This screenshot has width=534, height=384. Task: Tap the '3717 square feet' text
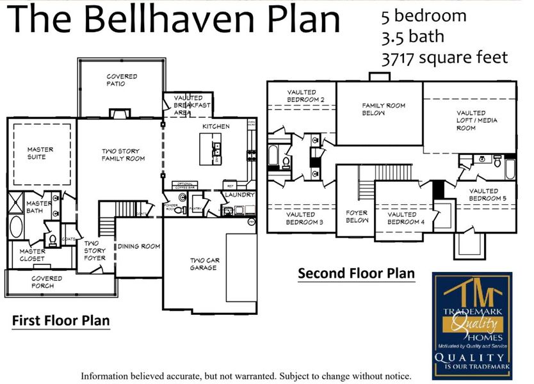click(x=444, y=58)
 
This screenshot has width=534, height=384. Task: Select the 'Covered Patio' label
click(x=122, y=80)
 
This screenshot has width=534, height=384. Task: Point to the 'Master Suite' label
click(x=40, y=153)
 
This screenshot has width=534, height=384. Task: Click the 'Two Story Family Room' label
click(x=124, y=155)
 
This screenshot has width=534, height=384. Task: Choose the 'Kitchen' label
click(x=216, y=127)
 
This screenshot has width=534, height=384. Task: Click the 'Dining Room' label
click(x=138, y=246)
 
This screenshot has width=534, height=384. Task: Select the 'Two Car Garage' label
click(x=203, y=264)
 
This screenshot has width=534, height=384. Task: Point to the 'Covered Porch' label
click(x=47, y=282)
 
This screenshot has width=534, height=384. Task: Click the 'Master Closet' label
click(x=32, y=255)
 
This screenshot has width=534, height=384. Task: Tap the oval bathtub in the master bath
click(x=16, y=228)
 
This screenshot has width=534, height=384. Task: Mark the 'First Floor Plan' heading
click(x=61, y=320)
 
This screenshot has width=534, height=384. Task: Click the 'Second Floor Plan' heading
click(x=356, y=274)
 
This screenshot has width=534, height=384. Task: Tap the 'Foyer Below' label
click(x=357, y=216)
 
